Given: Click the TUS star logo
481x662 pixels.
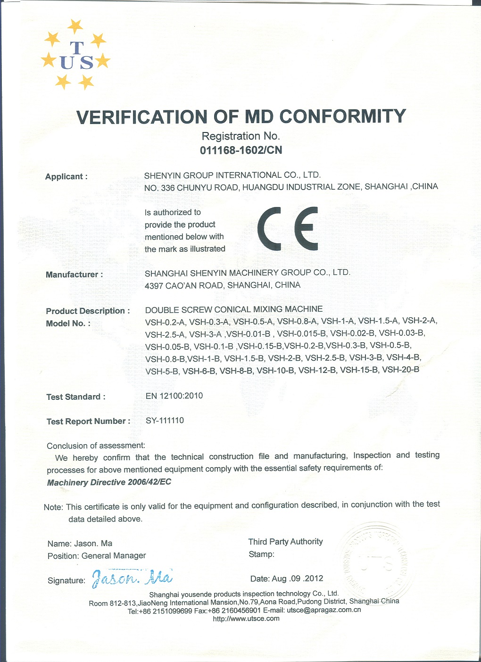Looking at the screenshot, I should [76, 55].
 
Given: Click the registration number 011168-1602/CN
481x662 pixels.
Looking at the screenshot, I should [241, 150].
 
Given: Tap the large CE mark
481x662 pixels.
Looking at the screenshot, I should [288, 229].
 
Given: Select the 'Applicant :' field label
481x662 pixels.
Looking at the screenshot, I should [66, 177].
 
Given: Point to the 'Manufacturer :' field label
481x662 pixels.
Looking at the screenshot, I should [74, 275].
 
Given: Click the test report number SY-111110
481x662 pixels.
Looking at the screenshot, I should [165, 421].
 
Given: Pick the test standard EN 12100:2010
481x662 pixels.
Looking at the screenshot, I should [174, 396].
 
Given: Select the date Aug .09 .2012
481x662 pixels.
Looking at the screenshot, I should [287, 579].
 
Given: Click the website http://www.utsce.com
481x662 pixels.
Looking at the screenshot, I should [246, 619].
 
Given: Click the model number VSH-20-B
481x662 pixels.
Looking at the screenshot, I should [400, 370].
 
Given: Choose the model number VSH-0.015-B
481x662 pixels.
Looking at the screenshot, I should [301, 334].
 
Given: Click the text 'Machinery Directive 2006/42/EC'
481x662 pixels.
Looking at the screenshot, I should [109, 482].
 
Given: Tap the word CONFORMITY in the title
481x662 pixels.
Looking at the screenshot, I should [343, 116].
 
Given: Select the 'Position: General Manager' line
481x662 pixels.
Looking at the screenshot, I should [97, 556].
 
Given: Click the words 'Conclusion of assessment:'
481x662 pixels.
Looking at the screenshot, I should [96, 446].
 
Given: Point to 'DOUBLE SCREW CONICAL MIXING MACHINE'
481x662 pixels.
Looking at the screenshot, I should [234, 310].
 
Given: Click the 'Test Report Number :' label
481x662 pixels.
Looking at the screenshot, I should [88, 422].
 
